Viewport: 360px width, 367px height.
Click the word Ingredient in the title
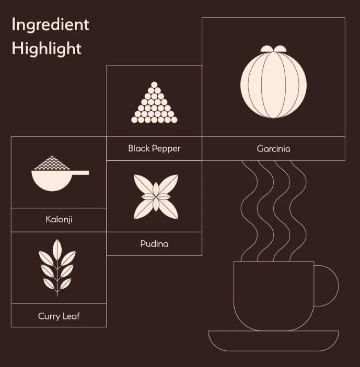point(50,25)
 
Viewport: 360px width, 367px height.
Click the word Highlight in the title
point(47,49)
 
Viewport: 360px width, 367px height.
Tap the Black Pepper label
point(154,149)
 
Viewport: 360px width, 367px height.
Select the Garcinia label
point(273,149)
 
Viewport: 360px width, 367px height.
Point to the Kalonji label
point(59,220)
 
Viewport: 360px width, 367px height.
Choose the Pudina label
point(154,244)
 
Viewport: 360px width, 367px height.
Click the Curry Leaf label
point(59,316)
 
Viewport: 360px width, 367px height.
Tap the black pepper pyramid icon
point(154,102)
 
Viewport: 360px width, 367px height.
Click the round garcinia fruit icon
point(273,82)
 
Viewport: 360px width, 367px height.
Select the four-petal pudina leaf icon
point(156,197)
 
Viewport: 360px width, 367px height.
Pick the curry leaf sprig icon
point(57,267)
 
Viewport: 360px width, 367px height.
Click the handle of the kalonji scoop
point(80,173)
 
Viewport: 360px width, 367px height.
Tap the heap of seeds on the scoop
point(52,163)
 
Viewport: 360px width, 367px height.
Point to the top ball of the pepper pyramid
point(154,85)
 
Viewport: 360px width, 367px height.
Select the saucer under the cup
point(273,341)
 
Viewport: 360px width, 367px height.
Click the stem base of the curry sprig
point(57,294)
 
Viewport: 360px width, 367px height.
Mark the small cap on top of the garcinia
point(273,49)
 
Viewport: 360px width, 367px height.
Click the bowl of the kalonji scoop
point(52,181)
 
